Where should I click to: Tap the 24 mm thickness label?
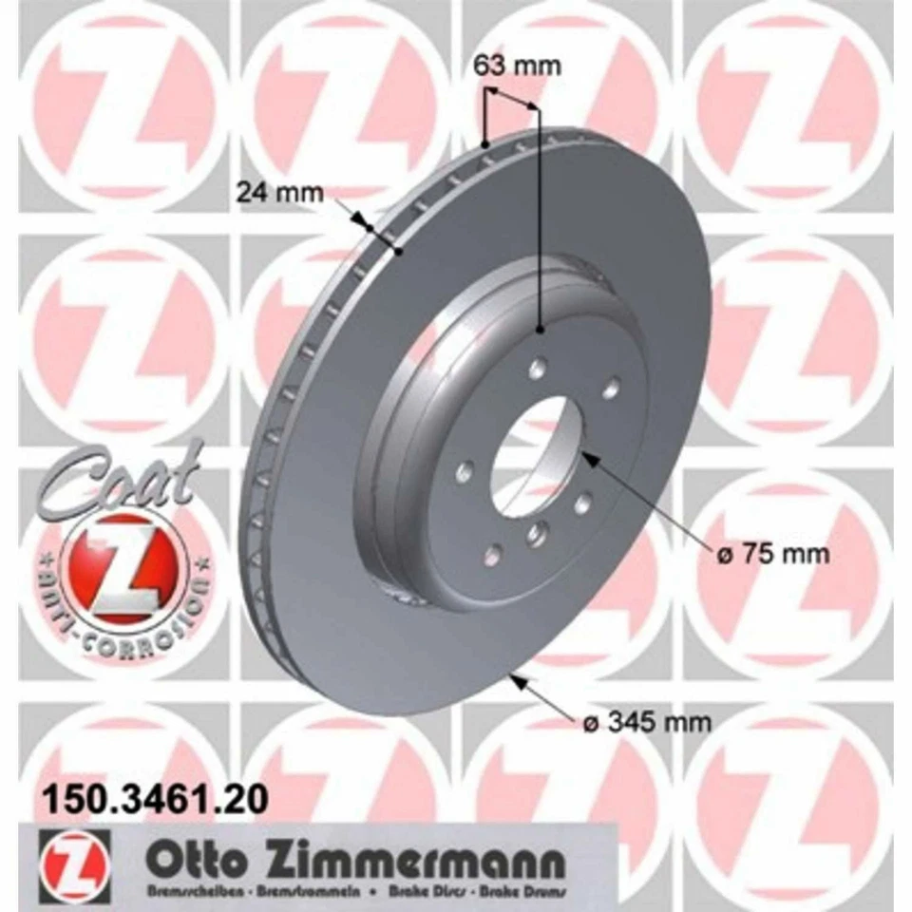point(279,193)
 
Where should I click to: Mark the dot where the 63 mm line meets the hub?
point(540,330)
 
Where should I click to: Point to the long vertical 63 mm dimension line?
point(540,218)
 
